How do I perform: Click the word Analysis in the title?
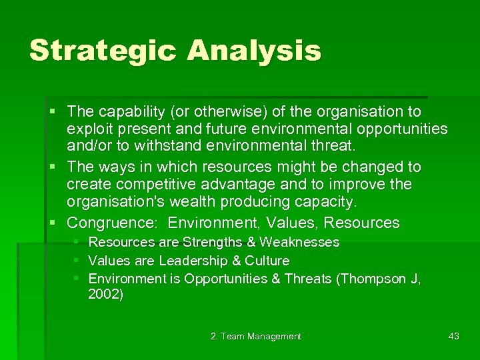coord(253,51)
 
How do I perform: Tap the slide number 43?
coord(454,336)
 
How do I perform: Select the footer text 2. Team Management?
coord(256,336)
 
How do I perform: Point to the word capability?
coord(132,111)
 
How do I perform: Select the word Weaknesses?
coord(299,242)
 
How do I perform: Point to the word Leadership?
coord(190,261)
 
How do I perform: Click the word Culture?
coord(267,261)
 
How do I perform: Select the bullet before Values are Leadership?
coord(77,261)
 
